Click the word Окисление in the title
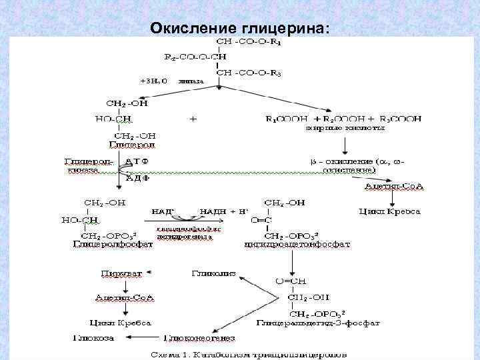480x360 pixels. (189, 28)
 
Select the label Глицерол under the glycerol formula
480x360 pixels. (127, 144)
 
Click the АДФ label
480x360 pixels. (137, 178)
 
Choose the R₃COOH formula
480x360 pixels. (397, 119)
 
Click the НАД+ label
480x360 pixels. (163, 211)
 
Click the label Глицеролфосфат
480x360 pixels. (113, 244)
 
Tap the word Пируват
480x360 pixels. (117, 273)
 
